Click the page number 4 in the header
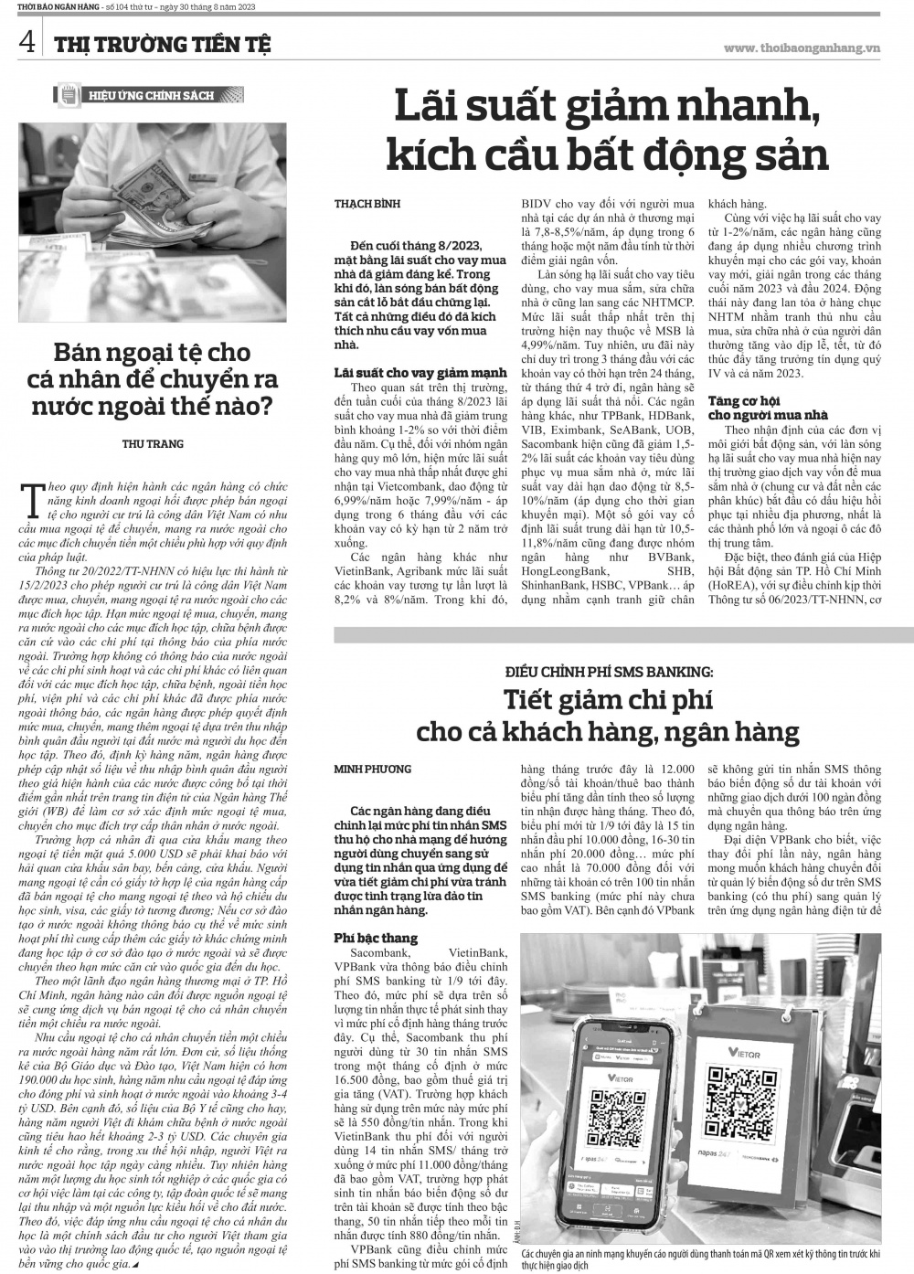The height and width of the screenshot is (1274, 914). pyautogui.click(x=28, y=41)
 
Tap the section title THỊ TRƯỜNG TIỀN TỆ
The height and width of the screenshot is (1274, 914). pyautogui.click(x=161, y=44)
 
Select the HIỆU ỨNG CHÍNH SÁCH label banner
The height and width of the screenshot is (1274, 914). pyautogui.click(x=149, y=95)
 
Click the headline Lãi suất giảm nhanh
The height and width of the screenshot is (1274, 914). pyautogui.click(x=607, y=110)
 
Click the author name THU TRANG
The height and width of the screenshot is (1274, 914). pyautogui.click(x=153, y=444)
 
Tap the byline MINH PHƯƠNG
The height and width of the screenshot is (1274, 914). pyautogui.click(x=373, y=770)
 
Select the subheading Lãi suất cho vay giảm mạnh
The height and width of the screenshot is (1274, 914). pyautogui.click(x=420, y=373)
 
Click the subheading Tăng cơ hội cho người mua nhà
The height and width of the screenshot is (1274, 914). pyautogui.click(x=756, y=408)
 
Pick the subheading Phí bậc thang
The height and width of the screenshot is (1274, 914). pyautogui.click(x=376, y=938)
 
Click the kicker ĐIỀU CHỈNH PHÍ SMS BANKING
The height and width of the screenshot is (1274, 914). pyautogui.click(x=609, y=672)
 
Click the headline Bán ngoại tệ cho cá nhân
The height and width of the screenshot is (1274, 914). pyautogui.click(x=153, y=378)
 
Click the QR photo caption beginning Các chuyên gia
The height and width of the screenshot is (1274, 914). pyautogui.click(x=700, y=1255)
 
